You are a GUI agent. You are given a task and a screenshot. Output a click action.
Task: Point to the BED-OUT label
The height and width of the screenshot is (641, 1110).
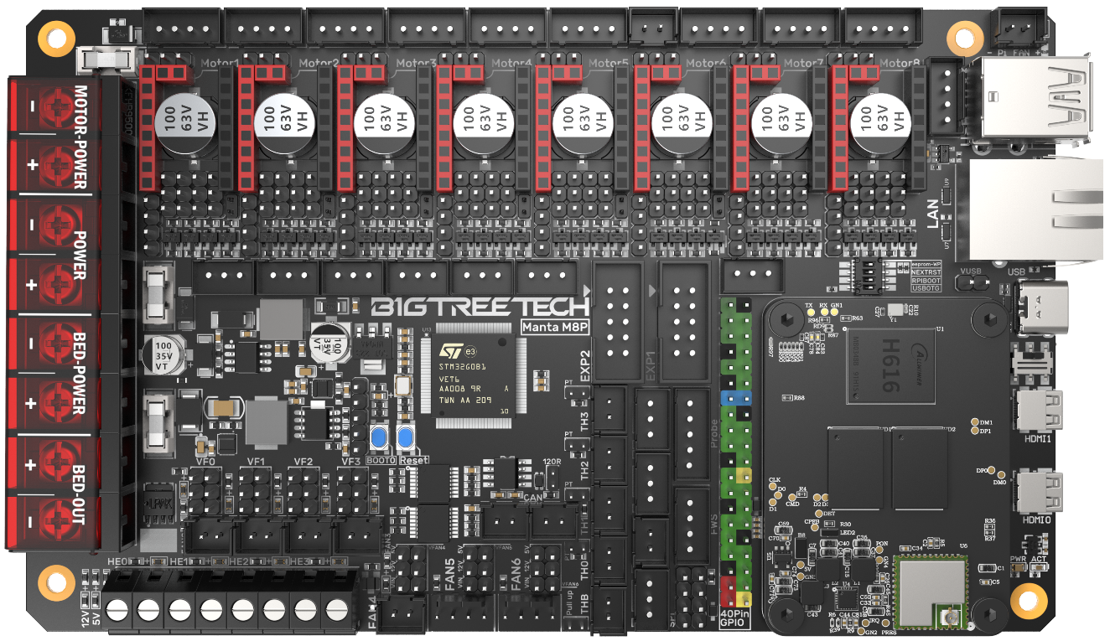[x=80, y=494]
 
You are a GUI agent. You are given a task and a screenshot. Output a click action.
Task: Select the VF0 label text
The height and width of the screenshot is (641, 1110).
[x=205, y=462]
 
